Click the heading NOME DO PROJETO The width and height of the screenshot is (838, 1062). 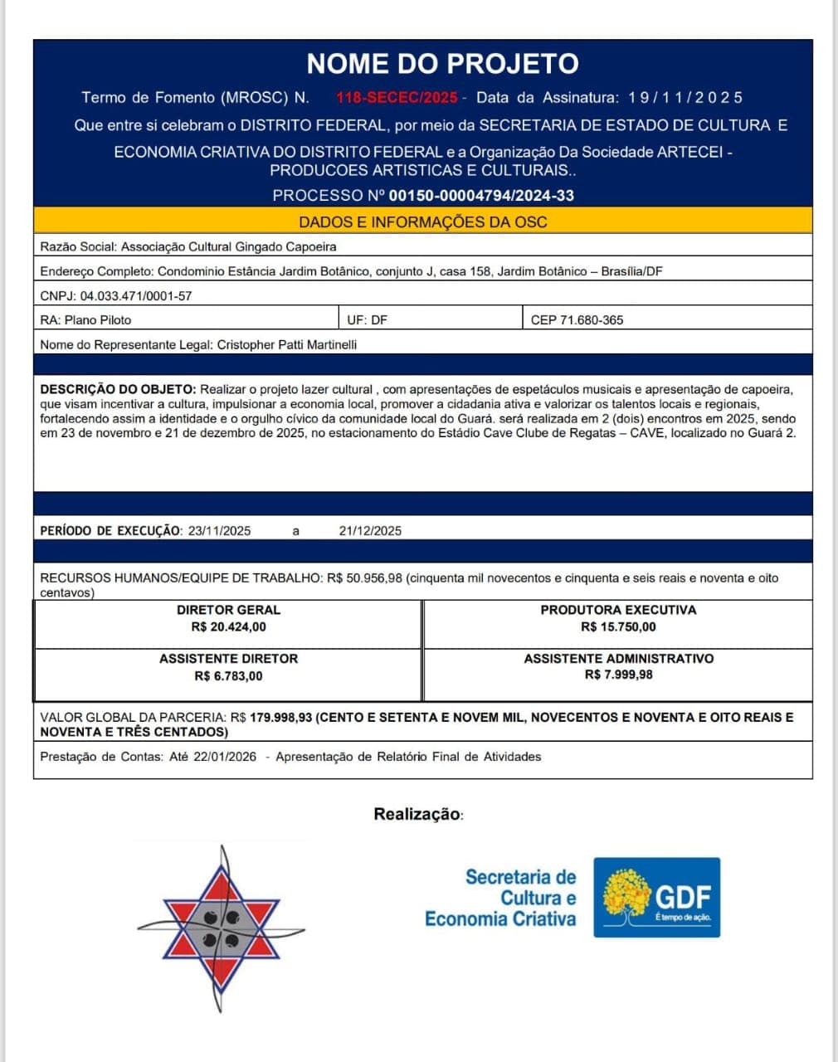coord(442,64)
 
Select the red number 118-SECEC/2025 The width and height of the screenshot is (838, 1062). coord(397,98)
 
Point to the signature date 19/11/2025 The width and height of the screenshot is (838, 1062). coord(685,98)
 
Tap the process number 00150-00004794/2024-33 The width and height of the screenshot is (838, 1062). coord(481,196)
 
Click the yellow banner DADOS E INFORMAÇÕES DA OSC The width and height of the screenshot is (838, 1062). coord(422,222)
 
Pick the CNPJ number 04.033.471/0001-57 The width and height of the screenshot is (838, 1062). coord(136,296)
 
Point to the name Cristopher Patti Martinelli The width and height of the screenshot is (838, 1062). coord(287,344)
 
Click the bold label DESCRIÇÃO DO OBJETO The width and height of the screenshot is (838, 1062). coord(118,389)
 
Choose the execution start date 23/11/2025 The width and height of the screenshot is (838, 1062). coord(219,531)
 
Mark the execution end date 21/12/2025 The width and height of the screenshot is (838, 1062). coord(370,531)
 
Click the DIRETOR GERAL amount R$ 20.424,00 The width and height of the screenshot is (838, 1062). coord(228,627)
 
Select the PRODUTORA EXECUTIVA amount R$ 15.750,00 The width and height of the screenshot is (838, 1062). coord(618,627)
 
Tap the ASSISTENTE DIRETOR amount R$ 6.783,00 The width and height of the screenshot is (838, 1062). coord(228,676)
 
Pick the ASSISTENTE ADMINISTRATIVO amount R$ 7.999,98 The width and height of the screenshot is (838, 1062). coord(618,675)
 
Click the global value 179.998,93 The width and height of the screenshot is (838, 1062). coord(280,718)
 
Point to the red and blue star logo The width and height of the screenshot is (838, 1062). coord(221,928)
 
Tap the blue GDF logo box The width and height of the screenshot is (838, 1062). coord(656,898)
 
